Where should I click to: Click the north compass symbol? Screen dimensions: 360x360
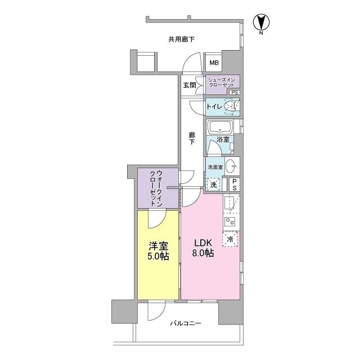click(x=262, y=23)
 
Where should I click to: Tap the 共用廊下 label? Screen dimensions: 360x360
click(x=181, y=39)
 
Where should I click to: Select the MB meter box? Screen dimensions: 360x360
click(x=214, y=63)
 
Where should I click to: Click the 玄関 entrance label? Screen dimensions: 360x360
click(x=189, y=85)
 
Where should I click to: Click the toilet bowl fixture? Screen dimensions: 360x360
click(x=231, y=106)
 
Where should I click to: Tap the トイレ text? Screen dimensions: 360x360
click(x=214, y=106)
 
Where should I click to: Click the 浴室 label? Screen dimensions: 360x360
click(x=223, y=139)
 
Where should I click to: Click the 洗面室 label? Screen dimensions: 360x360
click(x=215, y=167)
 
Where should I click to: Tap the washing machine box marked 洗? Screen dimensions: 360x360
click(x=214, y=184)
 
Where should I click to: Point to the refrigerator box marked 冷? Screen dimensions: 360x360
click(x=231, y=240)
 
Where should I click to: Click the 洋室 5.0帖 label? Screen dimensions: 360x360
click(x=159, y=251)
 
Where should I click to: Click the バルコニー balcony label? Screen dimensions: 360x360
click(x=186, y=323)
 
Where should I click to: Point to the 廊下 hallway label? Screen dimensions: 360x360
click(x=192, y=138)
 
